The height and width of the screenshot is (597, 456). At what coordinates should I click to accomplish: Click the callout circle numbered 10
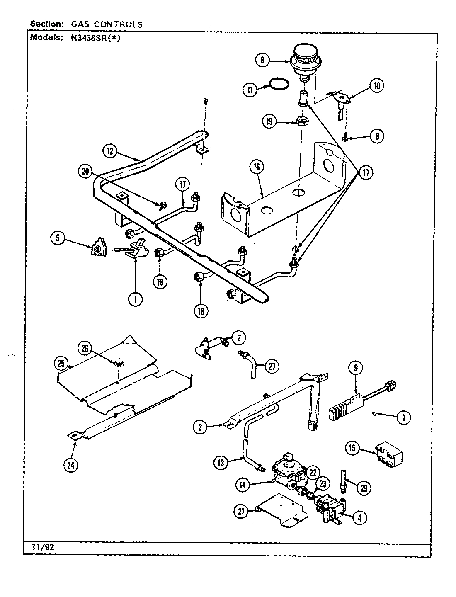point(377,86)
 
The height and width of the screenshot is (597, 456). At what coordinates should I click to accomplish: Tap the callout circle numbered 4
point(359,517)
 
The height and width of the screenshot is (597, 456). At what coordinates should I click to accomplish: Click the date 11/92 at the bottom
point(43,546)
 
